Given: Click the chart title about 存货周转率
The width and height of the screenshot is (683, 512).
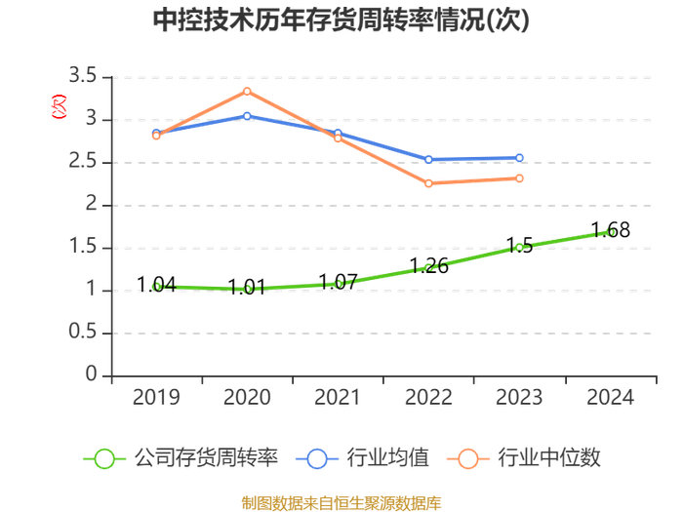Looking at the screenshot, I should (x=341, y=20).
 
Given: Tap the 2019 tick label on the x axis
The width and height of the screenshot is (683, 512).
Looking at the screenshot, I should (x=156, y=397).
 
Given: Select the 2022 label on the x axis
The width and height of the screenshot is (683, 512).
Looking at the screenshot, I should (x=428, y=397).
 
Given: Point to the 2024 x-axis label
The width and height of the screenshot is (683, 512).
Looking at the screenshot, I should (x=610, y=397).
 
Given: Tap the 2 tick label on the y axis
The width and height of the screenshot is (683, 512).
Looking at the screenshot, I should (x=92, y=205).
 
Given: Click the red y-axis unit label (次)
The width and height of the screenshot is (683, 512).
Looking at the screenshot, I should (x=59, y=105).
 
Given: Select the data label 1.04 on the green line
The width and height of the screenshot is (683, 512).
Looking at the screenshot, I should (x=156, y=285).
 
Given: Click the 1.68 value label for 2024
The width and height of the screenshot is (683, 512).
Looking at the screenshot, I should (x=611, y=230).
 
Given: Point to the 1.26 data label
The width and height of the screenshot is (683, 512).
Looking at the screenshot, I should (x=428, y=265).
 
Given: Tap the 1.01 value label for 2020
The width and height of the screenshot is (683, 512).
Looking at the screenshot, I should (x=247, y=288).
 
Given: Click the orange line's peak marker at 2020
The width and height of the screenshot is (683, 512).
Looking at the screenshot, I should (x=247, y=92).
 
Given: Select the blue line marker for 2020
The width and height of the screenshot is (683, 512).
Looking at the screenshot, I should (x=247, y=116).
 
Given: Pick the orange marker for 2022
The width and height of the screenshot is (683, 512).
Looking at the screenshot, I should (x=428, y=183).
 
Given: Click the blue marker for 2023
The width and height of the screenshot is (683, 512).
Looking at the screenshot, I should (x=519, y=158).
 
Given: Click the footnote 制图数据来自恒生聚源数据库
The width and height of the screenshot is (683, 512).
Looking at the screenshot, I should (x=341, y=503).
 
